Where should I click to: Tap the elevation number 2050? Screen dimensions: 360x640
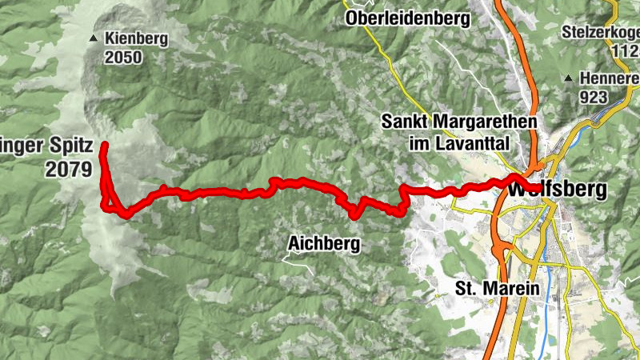point(122,57)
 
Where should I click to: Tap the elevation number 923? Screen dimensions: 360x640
point(595,97)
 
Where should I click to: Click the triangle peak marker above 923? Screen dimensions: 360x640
point(567,78)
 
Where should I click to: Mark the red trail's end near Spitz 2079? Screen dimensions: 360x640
point(104,145)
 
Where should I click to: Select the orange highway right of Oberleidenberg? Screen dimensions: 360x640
point(513,40)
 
